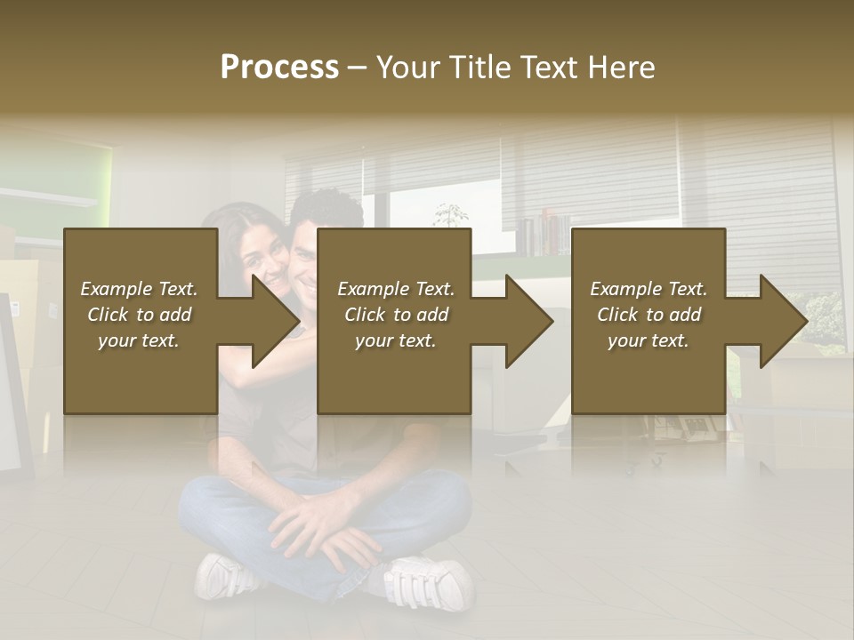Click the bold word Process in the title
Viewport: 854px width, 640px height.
[x=279, y=67]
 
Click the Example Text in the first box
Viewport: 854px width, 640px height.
[x=139, y=289]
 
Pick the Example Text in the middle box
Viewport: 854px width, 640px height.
[x=395, y=289]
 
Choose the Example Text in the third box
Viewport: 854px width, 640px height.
[x=648, y=289]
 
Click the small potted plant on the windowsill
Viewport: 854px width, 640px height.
[x=451, y=216]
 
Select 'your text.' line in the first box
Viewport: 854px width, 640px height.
[x=139, y=340]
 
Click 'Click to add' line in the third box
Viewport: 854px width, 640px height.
[x=649, y=315]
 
